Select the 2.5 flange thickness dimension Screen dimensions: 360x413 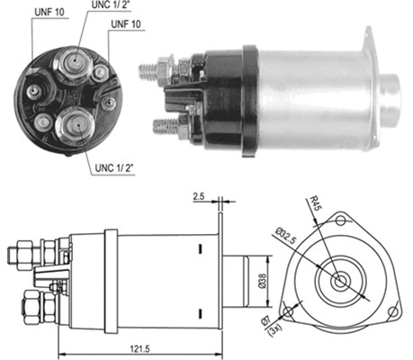pyautogui.click(x=200, y=193)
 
